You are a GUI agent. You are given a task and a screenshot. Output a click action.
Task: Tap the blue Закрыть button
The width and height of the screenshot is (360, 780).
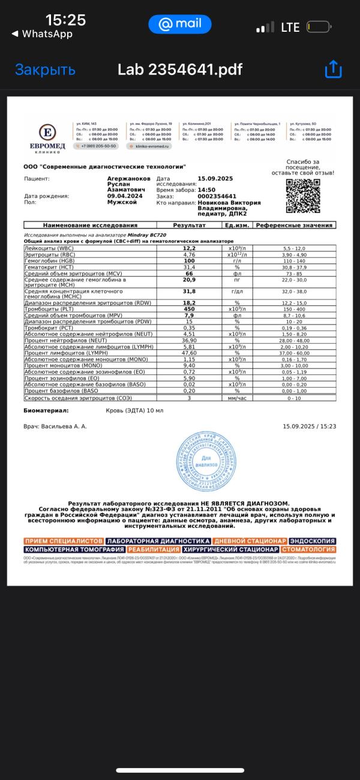tap(45, 70)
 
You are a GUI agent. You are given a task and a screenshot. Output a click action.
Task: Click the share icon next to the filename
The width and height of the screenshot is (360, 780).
tap(333, 70)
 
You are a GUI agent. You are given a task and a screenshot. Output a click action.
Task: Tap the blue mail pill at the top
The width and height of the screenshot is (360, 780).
tap(180, 24)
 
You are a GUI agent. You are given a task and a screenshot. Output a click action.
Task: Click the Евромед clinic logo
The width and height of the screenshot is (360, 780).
tap(48, 136)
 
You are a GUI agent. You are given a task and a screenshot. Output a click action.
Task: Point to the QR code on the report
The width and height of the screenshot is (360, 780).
tap(302, 196)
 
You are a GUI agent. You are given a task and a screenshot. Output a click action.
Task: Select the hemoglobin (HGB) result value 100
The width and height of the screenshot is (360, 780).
tap(190, 261)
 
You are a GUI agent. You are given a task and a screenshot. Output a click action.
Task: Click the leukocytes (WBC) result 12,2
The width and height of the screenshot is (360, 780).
tap(190, 248)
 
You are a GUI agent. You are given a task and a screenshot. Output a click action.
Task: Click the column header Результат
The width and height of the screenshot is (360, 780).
tap(190, 226)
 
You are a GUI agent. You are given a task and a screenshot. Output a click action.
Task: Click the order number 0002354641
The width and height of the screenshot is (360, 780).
tap(217, 196)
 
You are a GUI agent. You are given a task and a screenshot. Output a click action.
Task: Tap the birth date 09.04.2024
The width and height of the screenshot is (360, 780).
tap(125, 196)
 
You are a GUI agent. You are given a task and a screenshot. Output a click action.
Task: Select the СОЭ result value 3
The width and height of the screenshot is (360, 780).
tap(190, 398)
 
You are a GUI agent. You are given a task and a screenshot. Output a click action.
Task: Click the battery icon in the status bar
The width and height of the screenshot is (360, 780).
tap(319, 27)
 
